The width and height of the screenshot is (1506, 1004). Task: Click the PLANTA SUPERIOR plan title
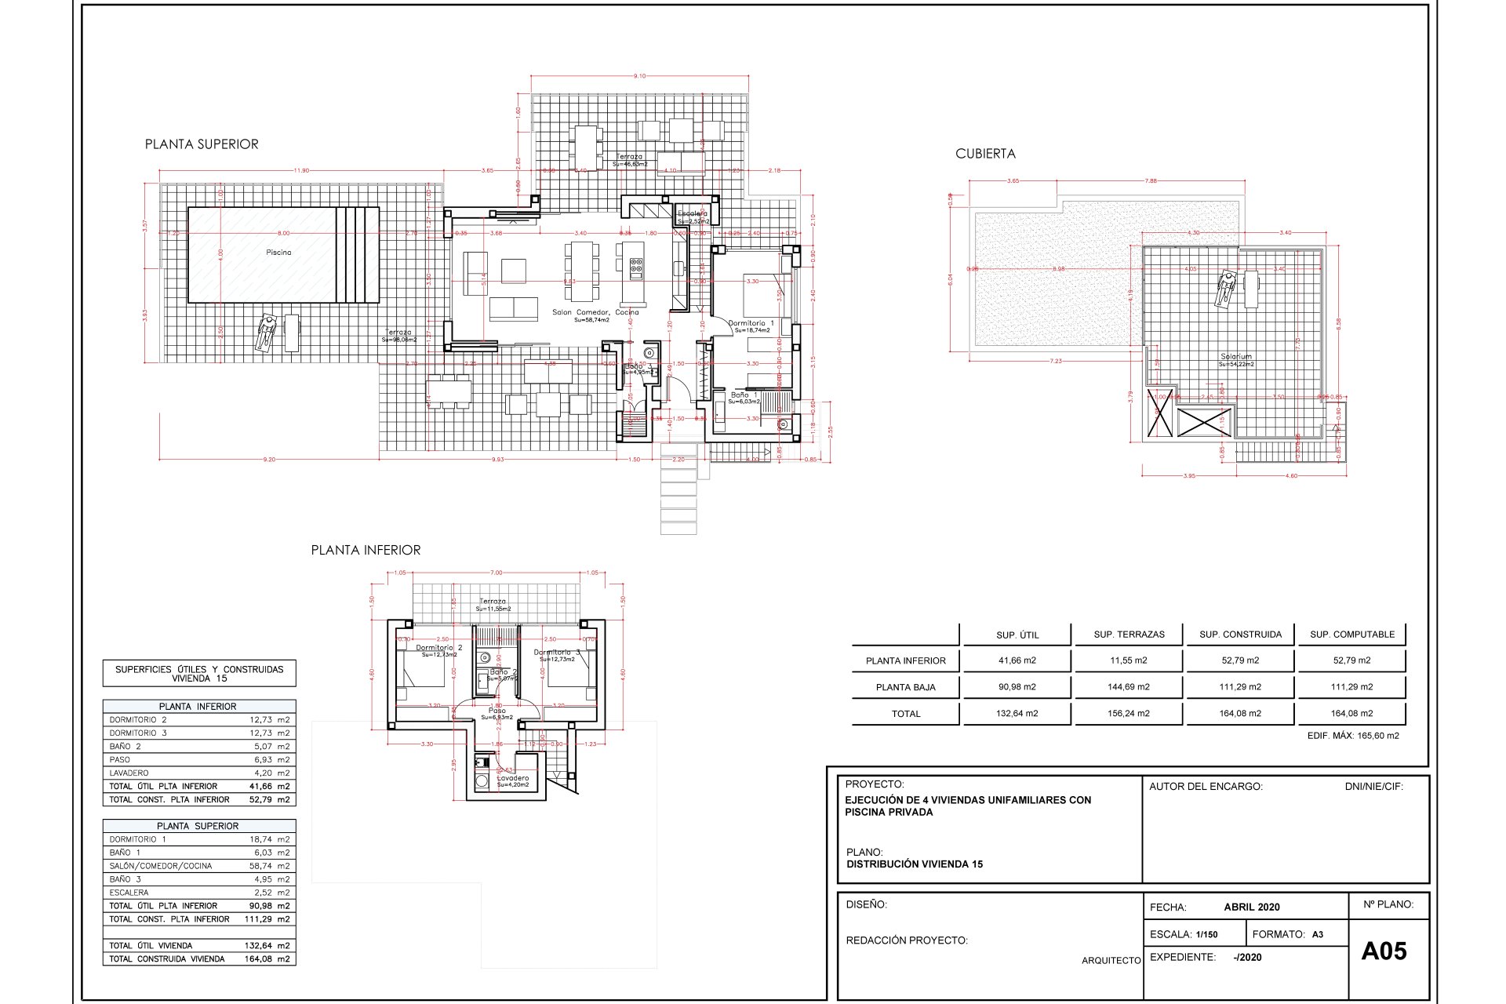pyautogui.click(x=202, y=144)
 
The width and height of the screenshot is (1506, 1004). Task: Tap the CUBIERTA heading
pyautogui.click(x=985, y=154)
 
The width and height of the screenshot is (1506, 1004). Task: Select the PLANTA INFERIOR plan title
pyautogui.click(x=366, y=551)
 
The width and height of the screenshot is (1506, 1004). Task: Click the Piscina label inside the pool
pyautogui.click(x=278, y=253)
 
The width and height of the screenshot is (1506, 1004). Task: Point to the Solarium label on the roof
pyautogui.click(x=1236, y=357)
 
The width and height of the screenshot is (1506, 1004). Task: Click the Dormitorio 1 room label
pyautogui.click(x=751, y=323)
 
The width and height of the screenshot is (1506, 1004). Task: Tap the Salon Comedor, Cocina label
pyautogui.click(x=595, y=312)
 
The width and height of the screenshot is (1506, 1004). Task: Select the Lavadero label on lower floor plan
pyautogui.click(x=513, y=778)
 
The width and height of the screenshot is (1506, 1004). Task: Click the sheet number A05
pyautogui.click(x=1384, y=951)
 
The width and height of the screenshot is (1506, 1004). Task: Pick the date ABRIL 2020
pyautogui.click(x=1251, y=907)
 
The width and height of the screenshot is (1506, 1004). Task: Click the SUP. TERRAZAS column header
pyautogui.click(x=1129, y=635)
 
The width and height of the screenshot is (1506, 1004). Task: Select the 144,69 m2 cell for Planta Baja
pyautogui.click(x=1129, y=687)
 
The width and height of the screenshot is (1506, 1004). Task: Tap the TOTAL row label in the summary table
pyautogui.click(x=906, y=714)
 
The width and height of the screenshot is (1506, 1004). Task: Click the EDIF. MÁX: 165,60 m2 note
pyautogui.click(x=1353, y=736)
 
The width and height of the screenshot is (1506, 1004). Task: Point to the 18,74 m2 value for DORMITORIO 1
pyautogui.click(x=269, y=839)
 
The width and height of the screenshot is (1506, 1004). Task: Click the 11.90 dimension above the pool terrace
pyautogui.click(x=301, y=170)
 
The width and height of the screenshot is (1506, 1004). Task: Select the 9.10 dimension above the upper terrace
pyautogui.click(x=639, y=76)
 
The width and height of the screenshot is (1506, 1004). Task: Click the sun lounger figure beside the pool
pyautogui.click(x=267, y=333)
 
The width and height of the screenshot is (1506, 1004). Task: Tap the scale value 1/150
pyautogui.click(x=1206, y=935)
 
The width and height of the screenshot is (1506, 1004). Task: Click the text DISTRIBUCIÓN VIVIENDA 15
pyautogui.click(x=915, y=864)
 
